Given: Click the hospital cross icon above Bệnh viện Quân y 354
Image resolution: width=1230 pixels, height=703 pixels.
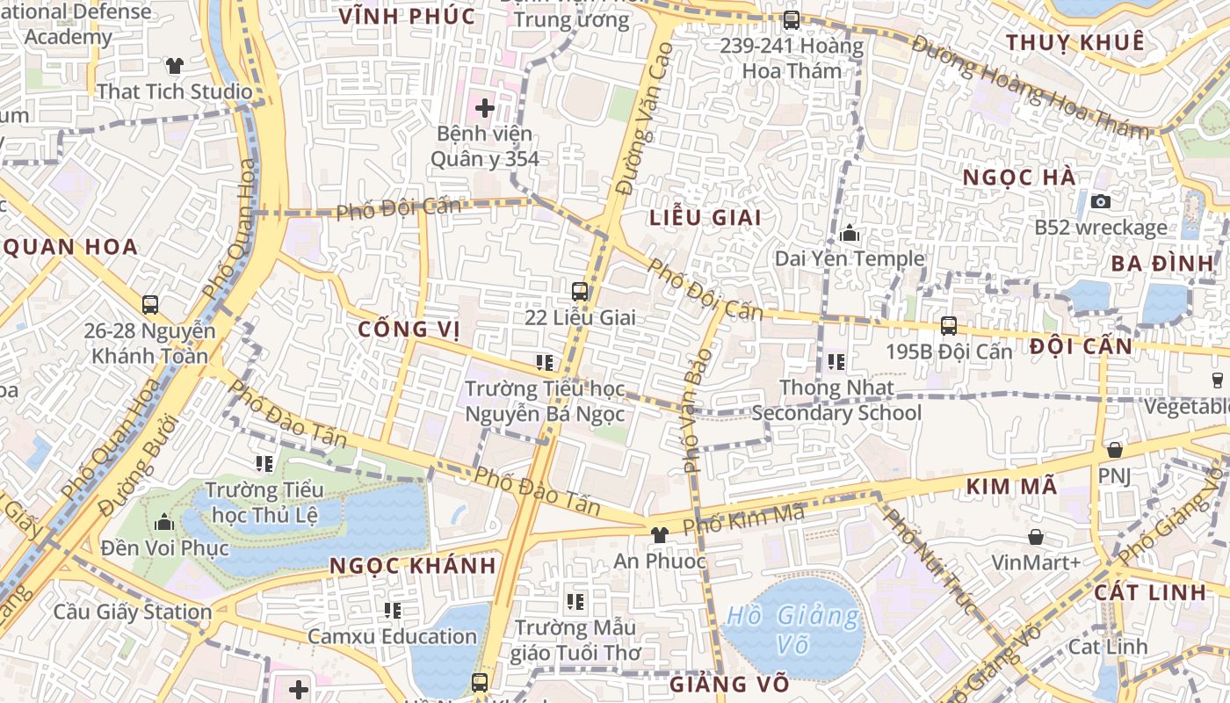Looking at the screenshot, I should coord(484,108).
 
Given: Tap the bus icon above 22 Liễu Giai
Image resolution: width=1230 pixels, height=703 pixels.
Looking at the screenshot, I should coord(580,291).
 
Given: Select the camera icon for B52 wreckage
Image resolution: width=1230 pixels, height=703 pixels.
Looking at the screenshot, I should coord(1100,201).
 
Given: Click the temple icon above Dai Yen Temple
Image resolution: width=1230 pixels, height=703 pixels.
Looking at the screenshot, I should coord(850,234).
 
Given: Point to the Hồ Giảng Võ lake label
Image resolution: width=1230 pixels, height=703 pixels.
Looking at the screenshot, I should coord(792,629).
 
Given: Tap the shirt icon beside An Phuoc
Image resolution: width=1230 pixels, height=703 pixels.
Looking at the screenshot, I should coord(659,534).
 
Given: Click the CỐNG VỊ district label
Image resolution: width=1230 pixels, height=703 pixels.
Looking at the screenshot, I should coord(409,330).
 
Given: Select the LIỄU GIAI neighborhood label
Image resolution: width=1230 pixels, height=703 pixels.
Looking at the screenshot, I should coord(705,217).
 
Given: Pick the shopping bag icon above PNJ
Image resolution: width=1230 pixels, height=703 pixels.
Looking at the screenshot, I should coord(1114,450).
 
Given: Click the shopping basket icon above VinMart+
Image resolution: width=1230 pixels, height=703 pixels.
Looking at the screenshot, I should coord(1036,536).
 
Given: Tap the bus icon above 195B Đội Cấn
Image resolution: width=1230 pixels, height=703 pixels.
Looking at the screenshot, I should coord(949,325).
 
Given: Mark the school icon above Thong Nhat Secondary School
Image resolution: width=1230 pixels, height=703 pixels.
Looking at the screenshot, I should coord(836,361).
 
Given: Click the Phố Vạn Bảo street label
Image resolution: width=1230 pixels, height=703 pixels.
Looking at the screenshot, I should coord(698,409).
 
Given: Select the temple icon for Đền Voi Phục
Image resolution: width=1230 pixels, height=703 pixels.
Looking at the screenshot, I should coord(164,523).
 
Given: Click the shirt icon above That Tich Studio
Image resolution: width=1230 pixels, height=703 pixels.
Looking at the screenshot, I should coord(175,65).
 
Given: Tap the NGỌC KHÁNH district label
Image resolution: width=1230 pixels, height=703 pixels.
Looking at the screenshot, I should coord(413,566).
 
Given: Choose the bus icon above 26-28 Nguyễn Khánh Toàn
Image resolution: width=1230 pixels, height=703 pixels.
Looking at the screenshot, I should coord(150,305).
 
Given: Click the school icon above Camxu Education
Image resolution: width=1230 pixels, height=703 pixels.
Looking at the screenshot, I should coord(392,610).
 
